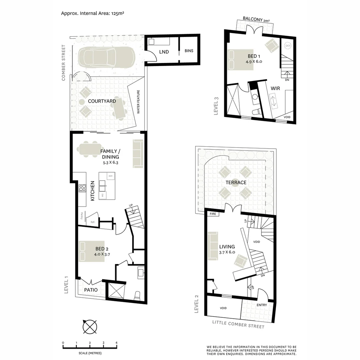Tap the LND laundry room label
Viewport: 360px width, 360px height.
click(164, 52)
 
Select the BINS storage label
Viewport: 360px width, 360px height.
click(189, 51)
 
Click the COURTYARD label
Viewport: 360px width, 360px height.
click(102, 101)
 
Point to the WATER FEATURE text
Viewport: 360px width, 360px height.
click(138, 102)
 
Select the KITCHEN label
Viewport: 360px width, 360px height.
click(93, 191)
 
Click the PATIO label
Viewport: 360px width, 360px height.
click(91, 290)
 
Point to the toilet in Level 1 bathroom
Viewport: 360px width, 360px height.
click(137, 296)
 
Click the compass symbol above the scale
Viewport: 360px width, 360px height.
click(90, 326)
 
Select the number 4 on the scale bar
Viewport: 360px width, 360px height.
click(116, 343)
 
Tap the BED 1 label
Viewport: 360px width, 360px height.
click(255, 56)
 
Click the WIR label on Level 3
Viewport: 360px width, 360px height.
click(275, 88)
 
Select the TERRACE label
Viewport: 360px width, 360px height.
click(236, 182)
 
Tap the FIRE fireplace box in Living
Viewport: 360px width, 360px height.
click(213, 215)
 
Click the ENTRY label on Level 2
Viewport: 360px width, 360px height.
click(262, 305)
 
